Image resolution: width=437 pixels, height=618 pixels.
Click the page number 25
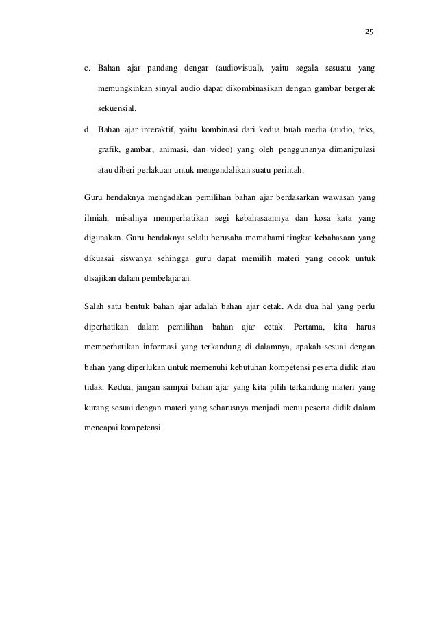coord(369,32)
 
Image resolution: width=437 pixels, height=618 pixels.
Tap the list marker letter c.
coord(86,69)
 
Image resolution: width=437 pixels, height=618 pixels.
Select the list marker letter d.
coord(86,128)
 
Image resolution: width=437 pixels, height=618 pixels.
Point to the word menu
coord(283,406)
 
